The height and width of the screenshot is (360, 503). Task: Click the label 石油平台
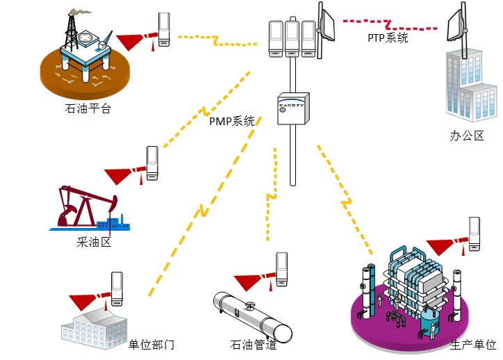(88, 108)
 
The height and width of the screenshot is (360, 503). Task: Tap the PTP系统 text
(388, 38)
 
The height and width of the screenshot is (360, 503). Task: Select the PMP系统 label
(232, 121)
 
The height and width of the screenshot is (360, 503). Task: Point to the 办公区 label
(467, 136)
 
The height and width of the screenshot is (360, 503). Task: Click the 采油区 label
(93, 242)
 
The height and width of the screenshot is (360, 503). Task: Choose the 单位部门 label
(151, 345)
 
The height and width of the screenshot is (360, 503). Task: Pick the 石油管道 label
(253, 344)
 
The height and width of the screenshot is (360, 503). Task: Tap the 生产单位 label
(473, 345)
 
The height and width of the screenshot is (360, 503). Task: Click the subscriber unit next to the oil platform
(165, 29)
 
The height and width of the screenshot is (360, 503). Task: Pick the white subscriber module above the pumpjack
(152, 162)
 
